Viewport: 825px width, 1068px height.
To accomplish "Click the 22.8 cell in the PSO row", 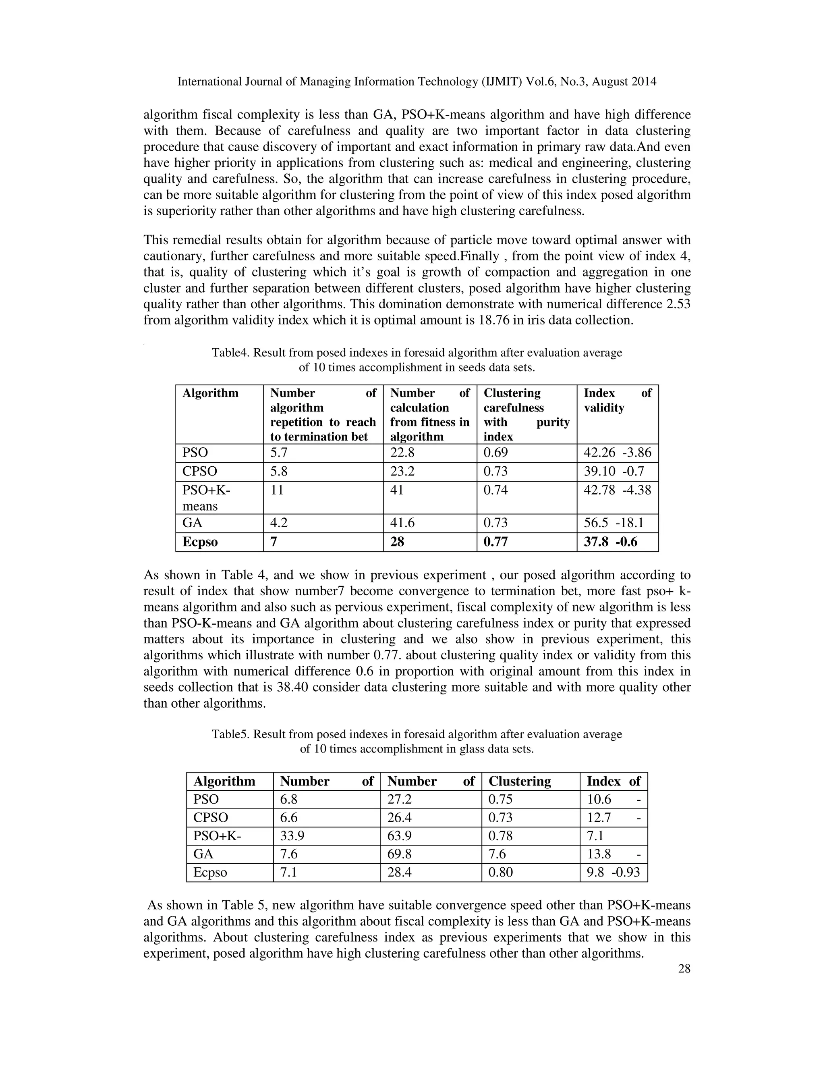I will (x=402, y=453).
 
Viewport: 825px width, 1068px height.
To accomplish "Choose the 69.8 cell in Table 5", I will (x=399, y=854).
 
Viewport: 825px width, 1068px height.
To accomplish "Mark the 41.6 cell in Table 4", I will (x=402, y=523).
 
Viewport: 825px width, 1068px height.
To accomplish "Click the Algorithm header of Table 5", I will (x=224, y=781).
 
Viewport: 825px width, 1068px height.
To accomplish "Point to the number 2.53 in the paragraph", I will (x=678, y=304).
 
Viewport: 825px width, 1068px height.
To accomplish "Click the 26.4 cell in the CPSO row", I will (x=399, y=818).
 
